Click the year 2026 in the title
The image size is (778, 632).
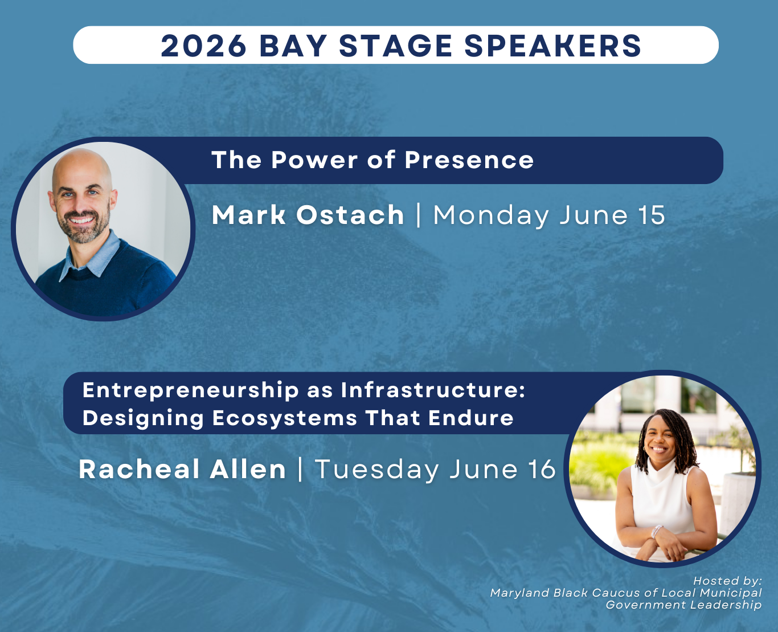pos(203,46)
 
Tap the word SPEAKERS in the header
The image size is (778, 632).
pos(552,46)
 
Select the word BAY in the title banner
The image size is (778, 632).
pos(293,46)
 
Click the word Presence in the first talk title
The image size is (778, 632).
pos(469,160)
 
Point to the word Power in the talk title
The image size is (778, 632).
pos(314,160)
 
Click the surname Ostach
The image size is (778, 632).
pos(350,215)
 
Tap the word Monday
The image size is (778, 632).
pos(491,215)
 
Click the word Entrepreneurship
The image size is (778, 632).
pos(191,390)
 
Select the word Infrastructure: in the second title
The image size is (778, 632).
pos(433,390)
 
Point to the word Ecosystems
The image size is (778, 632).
pos(285,418)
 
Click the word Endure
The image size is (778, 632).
pos(471,418)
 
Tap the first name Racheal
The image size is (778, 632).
pos(140,469)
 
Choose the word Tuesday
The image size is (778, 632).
pos(377,470)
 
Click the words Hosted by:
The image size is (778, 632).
pos(727,581)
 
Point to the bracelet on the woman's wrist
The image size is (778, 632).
pos(657,531)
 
